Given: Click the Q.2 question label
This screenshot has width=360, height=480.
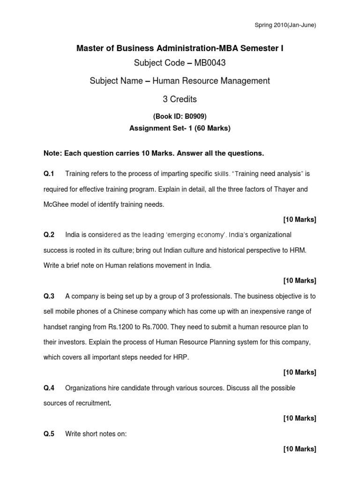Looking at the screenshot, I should (x=49, y=234).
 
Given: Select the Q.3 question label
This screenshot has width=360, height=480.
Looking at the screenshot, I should (x=49, y=296).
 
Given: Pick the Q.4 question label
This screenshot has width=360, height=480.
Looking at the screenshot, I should (x=49, y=388).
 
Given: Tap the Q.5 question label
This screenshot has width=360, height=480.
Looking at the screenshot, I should (x=49, y=434).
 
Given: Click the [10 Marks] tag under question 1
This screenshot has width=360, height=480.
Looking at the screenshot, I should (x=300, y=219).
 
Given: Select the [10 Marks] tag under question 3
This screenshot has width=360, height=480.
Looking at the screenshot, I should (x=300, y=373).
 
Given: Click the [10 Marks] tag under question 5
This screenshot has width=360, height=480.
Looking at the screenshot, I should (x=300, y=450).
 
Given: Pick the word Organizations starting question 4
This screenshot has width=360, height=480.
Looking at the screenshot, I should (x=85, y=388).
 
